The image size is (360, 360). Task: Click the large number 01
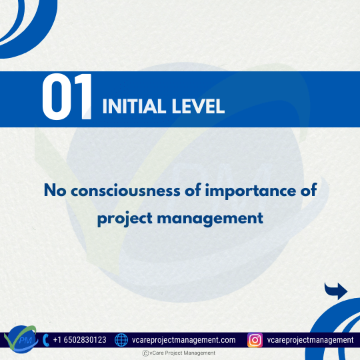coord(67,99)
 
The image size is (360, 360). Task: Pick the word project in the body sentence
coord(125,217)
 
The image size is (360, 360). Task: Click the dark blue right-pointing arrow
coord(336,290)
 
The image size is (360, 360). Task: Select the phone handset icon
coord(45,340)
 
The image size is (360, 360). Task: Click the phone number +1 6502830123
coord(79,340)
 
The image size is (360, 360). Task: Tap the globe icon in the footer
coord(121,340)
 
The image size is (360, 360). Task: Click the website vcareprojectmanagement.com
coord(183,340)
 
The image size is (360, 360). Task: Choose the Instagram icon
coord(255,340)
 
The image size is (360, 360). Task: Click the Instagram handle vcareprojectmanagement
coord(310,340)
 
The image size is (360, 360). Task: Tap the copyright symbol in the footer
coord(145,353)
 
